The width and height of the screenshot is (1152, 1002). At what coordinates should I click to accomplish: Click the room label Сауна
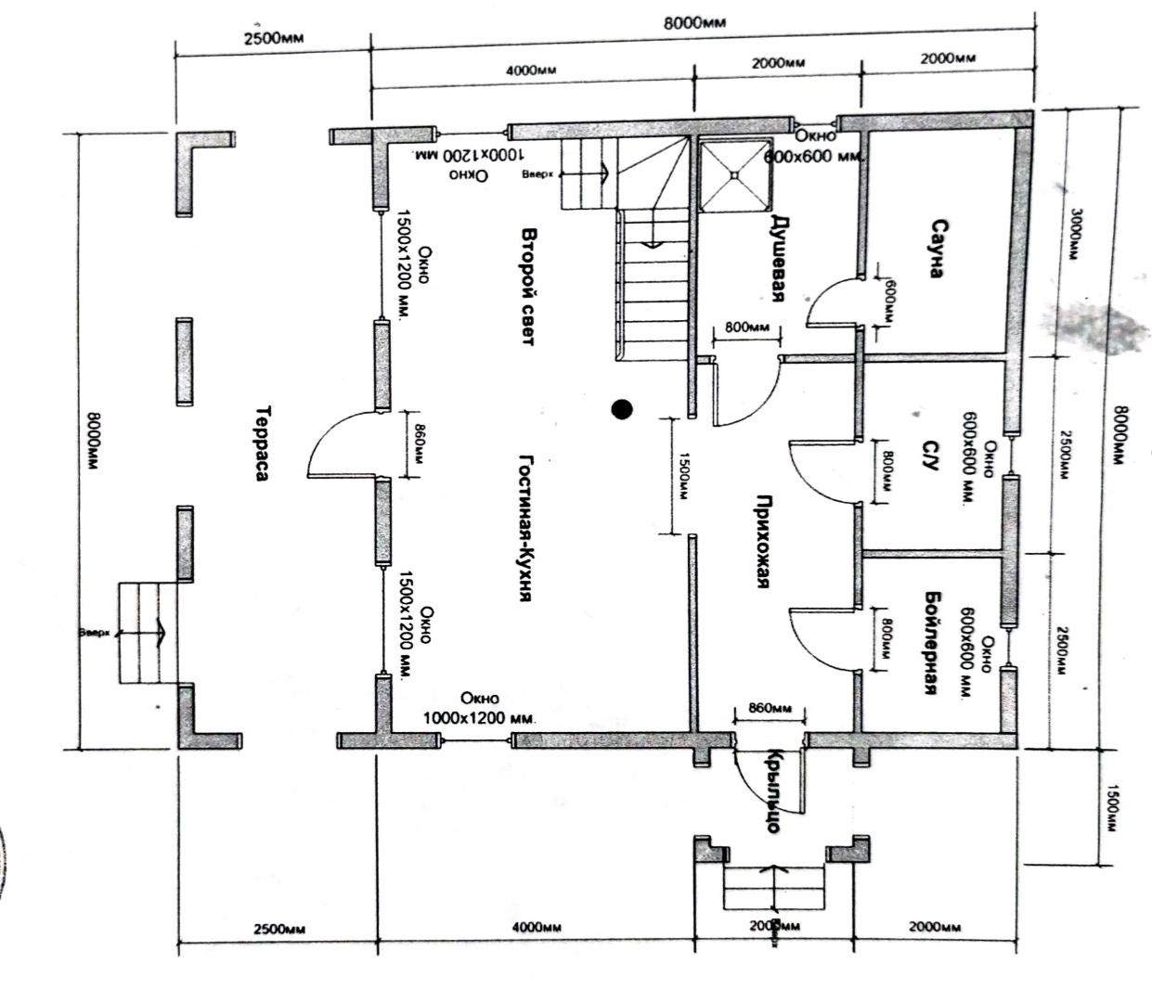coord(938,249)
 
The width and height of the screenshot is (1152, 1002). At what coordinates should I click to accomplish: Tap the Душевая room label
coord(780,258)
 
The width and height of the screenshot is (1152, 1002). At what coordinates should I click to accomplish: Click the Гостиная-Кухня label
coord(525,529)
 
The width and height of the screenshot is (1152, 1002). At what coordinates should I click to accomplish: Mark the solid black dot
coord(622,408)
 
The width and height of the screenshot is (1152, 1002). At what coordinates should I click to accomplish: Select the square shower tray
coord(735,173)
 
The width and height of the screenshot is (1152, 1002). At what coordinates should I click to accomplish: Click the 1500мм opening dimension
coord(683,477)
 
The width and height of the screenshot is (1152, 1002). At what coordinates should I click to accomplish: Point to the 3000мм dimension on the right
coord(1075,232)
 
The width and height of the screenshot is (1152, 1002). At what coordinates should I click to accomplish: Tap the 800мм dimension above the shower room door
coord(746,328)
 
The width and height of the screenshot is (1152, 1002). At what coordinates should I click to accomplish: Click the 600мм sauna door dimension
coord(889,301)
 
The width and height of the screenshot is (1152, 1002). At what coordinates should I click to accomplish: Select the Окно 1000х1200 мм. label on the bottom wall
coord(479,709)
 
